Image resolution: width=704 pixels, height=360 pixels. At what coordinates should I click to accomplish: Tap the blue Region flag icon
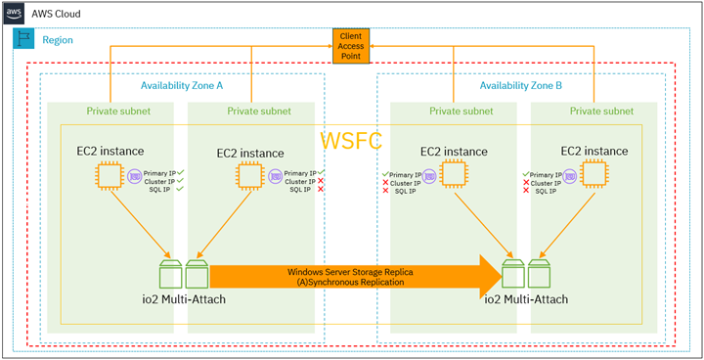(x=22, y=40)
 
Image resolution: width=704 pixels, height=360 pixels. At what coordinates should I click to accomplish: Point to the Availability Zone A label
(x=181, y=86)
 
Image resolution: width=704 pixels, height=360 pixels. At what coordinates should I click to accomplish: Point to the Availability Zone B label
(x=521, y=86)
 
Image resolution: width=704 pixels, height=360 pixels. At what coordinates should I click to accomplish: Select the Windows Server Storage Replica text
(x=347, y=271)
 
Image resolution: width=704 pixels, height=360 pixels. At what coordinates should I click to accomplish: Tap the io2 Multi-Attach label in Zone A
(x=185, y=297)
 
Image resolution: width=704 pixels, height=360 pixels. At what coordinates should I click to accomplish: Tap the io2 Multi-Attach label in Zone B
(x=522, y=297)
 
